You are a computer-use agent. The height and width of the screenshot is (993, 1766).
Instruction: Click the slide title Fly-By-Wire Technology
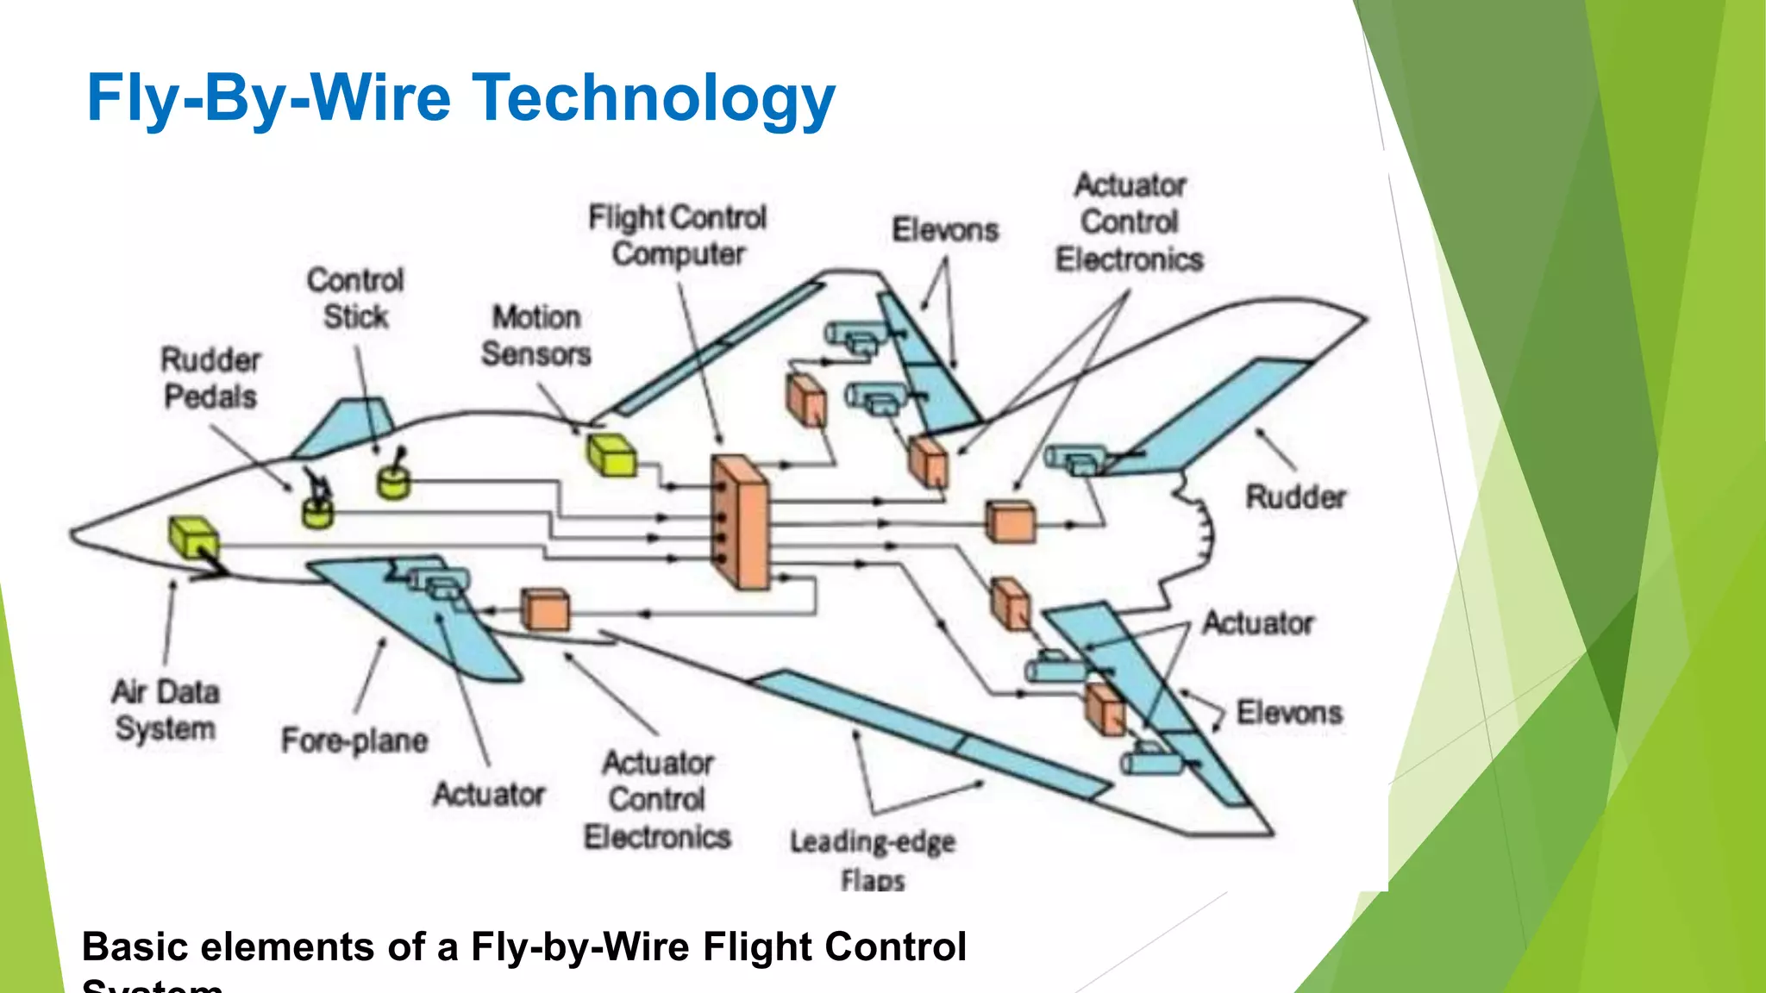pyautogui.click(x=460, y=97)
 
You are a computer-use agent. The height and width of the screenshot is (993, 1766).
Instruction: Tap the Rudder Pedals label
pyautogui.click(x=210, y=378)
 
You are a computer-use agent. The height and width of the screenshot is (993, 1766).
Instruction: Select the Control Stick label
pyautogui.click(x=355, y=298)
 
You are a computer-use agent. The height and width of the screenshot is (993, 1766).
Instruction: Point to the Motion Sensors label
pyautogui.click(x=535, y=335)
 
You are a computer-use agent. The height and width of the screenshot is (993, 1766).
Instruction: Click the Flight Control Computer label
pyautogui.click(x=678, y=235)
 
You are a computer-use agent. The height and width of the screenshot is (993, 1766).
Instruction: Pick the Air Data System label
pyautogui.click(x=166, y=710)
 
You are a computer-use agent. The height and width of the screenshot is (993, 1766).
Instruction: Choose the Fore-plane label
pyautogui.click(x=354, y=740)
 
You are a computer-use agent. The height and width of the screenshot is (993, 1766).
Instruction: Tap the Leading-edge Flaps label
pyautogui.click(x=873, y=859)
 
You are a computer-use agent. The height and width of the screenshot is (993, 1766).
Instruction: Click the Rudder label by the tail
pyautogui.click(x=1295, y=497)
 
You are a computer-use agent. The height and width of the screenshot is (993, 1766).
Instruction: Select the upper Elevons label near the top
pyautogui.click(x=945, y=230)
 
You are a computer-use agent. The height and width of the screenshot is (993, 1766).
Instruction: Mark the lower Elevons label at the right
pyautogui.click(x=1289, y=713)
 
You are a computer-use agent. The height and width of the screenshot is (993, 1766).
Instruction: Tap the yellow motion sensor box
pyautogui.click(x=611, y=455)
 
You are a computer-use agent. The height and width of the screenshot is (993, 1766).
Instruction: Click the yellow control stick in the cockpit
pyautogui.click(x=393, y=479)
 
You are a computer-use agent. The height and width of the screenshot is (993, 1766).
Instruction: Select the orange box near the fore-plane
pyautogui.click(x=546, y=610)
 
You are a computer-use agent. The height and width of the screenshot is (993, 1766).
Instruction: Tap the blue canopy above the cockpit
pyautogui.click(x=345, y=427)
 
